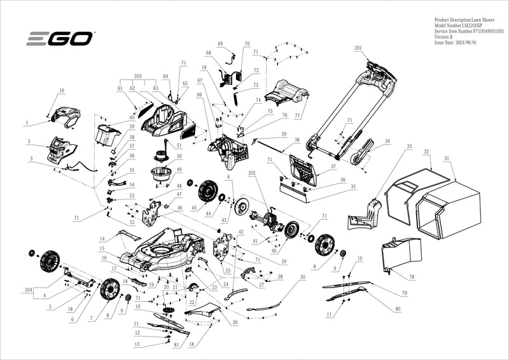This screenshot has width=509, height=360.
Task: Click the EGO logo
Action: (x=60, y=39)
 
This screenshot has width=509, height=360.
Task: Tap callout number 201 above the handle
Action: (x=358, y=49)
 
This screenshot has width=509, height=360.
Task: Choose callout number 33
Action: (x=409, y=146)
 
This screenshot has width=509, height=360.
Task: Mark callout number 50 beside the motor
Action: (x=179, y=156)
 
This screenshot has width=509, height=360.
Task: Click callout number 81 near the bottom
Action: (x=176, y=345)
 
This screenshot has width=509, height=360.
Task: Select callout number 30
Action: (x=303, y=277)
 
